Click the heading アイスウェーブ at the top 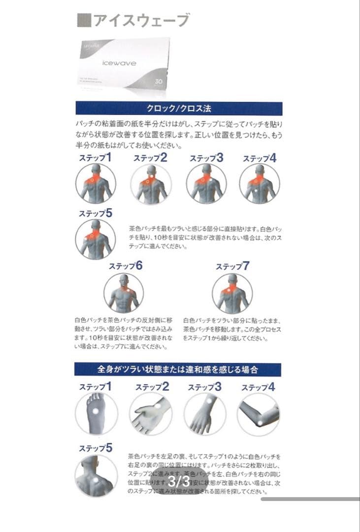140,20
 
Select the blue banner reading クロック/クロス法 179,108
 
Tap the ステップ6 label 126,266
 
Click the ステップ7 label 232,266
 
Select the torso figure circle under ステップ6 124,294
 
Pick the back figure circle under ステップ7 232,294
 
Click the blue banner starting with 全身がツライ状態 178,369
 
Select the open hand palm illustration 150,414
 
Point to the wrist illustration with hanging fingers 204,414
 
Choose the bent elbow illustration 258,414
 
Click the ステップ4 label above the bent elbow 258,387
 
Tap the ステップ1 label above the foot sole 95,387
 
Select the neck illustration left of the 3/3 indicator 96,475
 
